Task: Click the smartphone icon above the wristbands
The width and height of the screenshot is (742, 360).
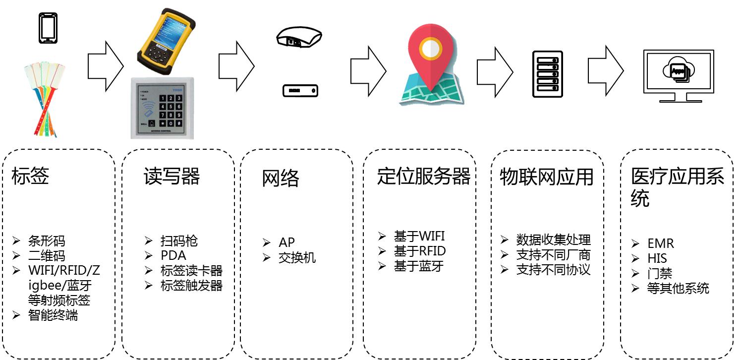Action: coord(48,28)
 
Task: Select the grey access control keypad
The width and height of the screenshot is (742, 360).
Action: coord(162,108)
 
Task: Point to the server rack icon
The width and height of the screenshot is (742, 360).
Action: coord(547,74)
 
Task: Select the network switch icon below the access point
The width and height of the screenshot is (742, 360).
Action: coord(300,91)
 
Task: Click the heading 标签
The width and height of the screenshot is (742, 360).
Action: coord(30,176)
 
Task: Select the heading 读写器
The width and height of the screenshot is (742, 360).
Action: coord(171,176)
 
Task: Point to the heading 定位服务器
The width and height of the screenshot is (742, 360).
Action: coord(423,176)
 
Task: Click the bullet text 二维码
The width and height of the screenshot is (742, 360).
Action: coord(47,256)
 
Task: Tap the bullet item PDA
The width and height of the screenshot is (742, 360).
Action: coord(173,256)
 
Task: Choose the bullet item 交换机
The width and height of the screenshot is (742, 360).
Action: coord(297,258)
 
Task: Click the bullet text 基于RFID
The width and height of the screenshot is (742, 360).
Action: coord(420,251)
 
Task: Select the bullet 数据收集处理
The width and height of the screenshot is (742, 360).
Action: coord(553,240)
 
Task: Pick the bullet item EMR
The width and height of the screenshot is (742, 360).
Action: coord(661,244)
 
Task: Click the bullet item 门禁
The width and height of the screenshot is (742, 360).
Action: coord(660,273)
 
